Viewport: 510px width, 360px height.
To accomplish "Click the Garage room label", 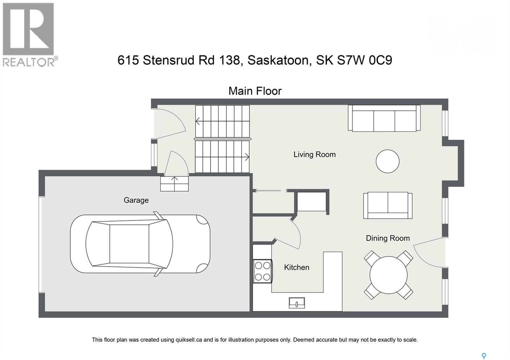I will point(136,200).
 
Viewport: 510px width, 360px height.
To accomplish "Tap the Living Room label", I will point(314,155).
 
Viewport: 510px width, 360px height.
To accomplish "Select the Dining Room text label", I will point(388,238).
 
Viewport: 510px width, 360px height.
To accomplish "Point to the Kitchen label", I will point(296,267).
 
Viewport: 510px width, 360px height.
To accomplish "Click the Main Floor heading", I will point(255,91).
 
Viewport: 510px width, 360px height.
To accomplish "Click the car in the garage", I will point(140,244).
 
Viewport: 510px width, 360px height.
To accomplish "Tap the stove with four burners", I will point(263,271).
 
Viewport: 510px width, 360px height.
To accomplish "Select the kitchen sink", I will point(297,302).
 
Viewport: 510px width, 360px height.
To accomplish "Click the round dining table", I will point(389,275).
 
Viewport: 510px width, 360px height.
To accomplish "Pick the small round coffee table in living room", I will point(387,162).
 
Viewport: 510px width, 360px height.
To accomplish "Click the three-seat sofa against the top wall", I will point(384,118).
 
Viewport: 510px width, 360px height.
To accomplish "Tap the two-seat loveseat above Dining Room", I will point(388,205).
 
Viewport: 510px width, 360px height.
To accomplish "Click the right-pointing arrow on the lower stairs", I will point(246,157).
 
